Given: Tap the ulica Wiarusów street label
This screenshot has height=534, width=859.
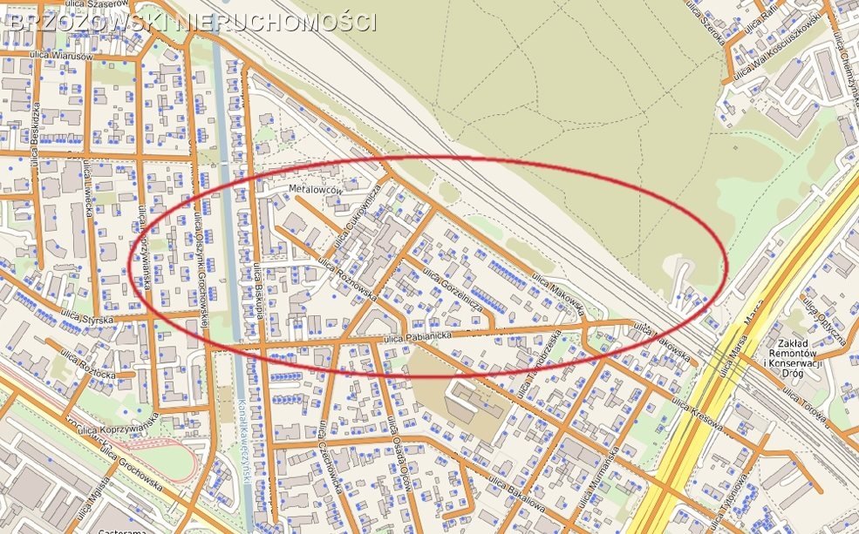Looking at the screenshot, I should click(x=60, y=56).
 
